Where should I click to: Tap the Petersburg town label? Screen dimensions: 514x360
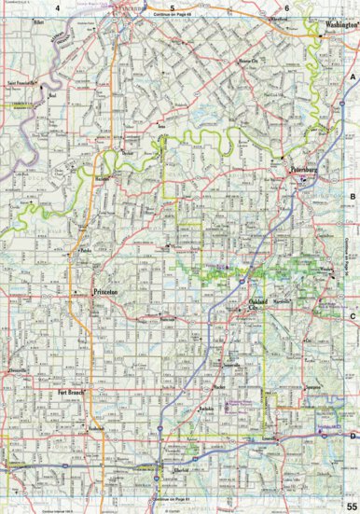tap(305, 171)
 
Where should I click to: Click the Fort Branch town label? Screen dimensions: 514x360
tap(71, 393)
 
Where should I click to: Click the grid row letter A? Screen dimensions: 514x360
tap(353, 79)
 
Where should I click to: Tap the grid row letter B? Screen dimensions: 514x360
tap(353, 197)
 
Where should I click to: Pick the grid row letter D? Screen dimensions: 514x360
tap(353, 435)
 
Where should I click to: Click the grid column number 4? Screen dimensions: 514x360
tap(57, 7)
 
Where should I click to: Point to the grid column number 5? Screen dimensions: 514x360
tap(173, 7)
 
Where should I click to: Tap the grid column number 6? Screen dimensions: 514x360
tap(287, 7)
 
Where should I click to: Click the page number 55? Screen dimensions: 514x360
tap(350, 505)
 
